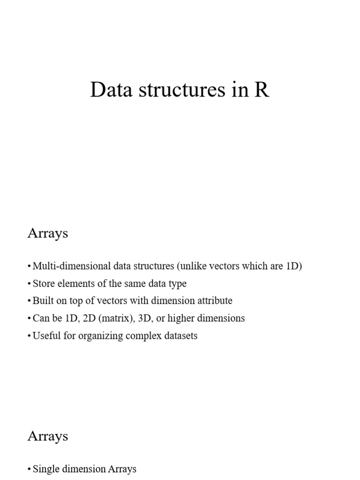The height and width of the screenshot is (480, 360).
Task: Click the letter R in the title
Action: tap(262, 90)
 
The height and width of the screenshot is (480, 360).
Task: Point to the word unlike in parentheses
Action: tap(192, 266)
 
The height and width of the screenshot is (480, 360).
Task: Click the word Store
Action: tap(43, 284)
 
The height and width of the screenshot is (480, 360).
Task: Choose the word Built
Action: tap(42, 301)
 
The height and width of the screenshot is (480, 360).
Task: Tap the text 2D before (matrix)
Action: tap(89, 318)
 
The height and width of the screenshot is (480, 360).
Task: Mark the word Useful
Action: tap(46, 336)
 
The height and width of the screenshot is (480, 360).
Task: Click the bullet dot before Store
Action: tap(30, 284)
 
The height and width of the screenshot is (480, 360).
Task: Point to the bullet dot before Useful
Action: tap(30, 336)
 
